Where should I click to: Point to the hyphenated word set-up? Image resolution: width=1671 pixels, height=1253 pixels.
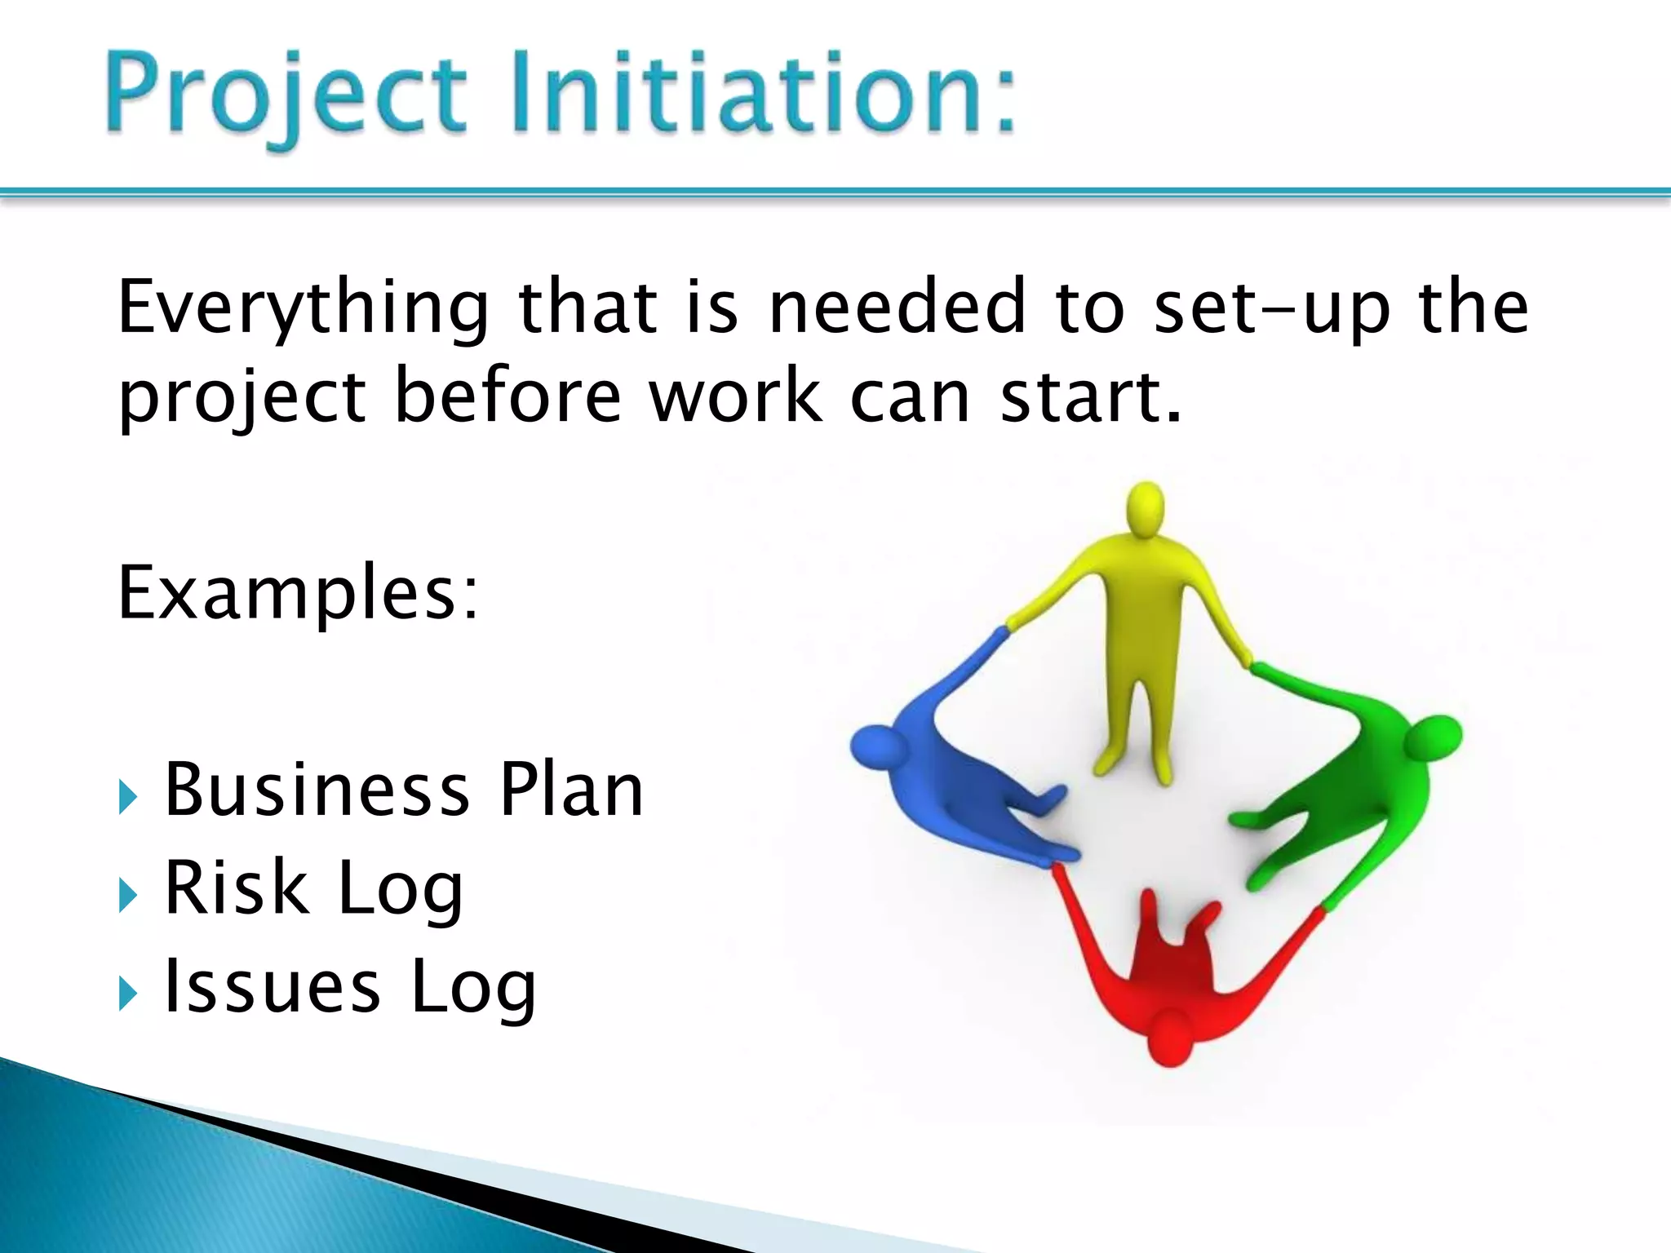[x=1273, y=310]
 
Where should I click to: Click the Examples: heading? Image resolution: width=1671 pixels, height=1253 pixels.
[x=298, y=594]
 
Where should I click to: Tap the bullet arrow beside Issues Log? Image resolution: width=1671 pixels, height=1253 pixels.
[x=127, y=994]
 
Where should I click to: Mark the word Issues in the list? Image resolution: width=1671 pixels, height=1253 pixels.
[x=272, y=987]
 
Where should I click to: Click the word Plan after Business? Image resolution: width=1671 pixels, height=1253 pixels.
[x=571, y=790]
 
